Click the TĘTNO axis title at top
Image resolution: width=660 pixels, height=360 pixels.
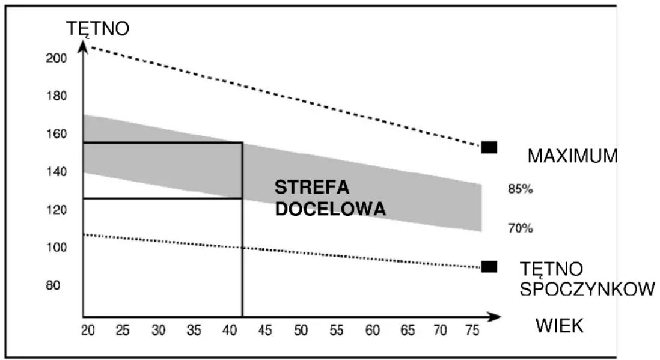click(97, 29)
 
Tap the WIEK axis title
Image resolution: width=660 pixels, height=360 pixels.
click(560, 326)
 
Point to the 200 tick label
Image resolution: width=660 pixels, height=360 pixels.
click(57, 58)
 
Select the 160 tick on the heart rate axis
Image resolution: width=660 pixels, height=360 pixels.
click(57, 134)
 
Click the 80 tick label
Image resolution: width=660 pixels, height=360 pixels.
click(53, 285)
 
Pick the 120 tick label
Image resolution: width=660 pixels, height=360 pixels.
click(57, 210)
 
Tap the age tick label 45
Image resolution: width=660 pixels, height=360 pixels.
click(264, 331)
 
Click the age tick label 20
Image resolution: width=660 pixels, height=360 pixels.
click(88, 331)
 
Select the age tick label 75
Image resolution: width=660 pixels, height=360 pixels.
click(472, 331)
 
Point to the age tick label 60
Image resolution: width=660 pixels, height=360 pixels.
click(373, 331)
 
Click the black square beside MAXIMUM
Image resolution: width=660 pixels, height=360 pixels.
click(489, 147)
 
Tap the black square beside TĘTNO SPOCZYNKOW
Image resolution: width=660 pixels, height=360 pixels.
click(489, 266)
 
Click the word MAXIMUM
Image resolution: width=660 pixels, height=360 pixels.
click(572, 156)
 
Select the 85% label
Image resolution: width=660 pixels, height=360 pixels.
click(521, 189)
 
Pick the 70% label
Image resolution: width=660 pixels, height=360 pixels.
click(521, 228)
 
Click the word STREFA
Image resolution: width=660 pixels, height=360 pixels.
click(312, 188)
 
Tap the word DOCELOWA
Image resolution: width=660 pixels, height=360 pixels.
click(331, 209)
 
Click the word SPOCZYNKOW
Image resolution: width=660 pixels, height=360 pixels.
click(587, 289)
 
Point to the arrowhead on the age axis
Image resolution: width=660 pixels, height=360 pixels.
click(495, 317)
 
